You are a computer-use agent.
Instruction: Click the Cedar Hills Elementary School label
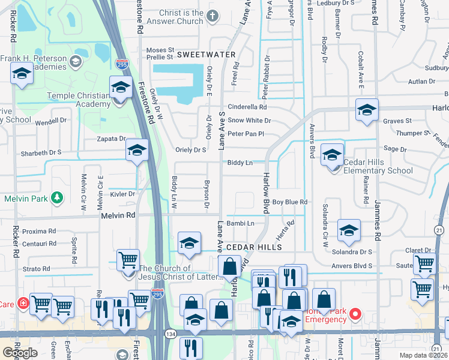(x=378, y=166)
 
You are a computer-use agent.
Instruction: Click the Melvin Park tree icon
(x=57, y=197)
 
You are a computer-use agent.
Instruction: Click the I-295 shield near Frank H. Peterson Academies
(x=121, y=62)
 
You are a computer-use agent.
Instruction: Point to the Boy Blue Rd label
(x=289, y=202)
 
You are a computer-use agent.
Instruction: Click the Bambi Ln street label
(x=241, y=223)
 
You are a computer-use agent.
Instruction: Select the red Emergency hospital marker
(x=355, y=313)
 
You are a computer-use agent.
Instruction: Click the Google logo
(x=20, y=353)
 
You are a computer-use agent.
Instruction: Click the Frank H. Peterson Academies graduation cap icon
(x=76, y=61)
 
